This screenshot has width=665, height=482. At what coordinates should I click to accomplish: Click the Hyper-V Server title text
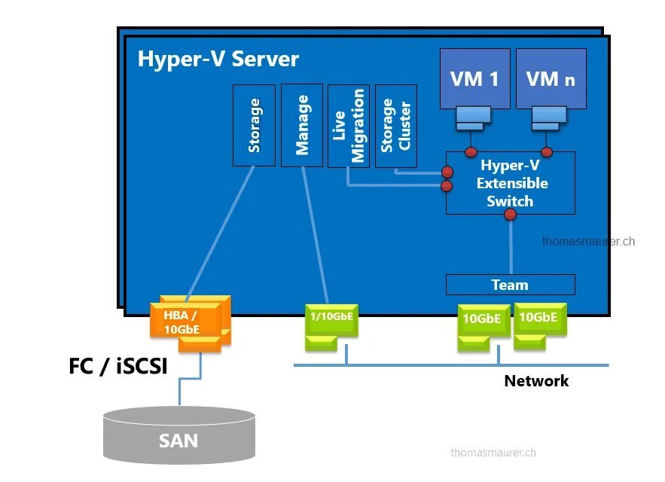[218, 59]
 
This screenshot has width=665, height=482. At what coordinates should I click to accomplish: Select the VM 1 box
[474, 78]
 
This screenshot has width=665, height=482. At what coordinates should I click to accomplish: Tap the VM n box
[551, 78]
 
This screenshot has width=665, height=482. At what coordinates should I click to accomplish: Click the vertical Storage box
[255, 125]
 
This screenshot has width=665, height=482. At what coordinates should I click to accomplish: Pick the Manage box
[302, 125]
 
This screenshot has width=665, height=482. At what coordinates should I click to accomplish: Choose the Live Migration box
[349, 125]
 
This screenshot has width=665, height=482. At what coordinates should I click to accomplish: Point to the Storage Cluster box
[395, 125]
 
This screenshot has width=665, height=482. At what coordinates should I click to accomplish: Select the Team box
[510, 285]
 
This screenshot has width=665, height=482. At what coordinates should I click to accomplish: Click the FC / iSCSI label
[118, 367]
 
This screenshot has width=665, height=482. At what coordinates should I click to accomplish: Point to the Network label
[536, 381]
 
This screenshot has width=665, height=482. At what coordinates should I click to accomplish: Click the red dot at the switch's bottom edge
[510, 215]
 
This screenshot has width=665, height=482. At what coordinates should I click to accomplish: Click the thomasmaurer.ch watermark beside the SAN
[493, 453]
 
